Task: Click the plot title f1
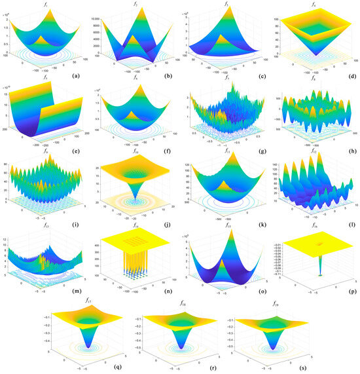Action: point(47,4)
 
